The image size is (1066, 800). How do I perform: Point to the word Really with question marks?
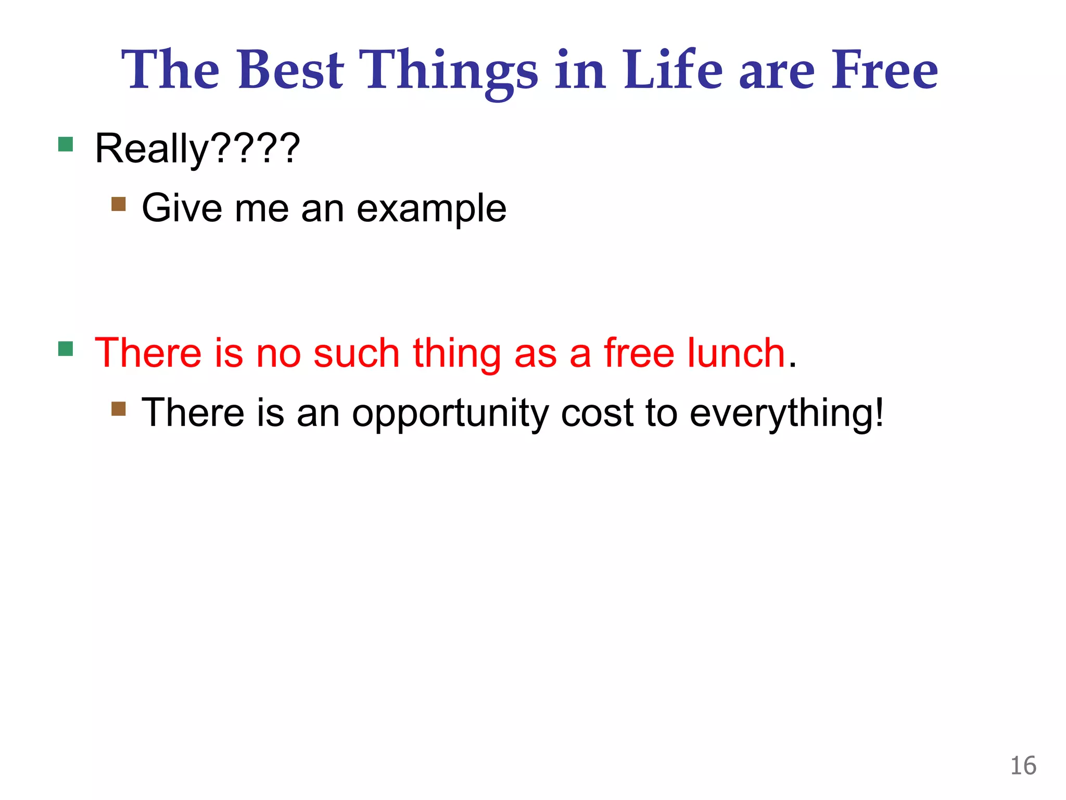coord(197,148)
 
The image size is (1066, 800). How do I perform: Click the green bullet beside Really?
coord(66,144)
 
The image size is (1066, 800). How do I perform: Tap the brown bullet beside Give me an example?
coord(119,204)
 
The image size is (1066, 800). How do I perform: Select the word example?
coord(432,209)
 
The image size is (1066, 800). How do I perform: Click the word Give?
coord(182,208)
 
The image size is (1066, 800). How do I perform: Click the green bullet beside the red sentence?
coord(66,348)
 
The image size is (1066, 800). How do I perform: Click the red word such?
coord(356,353)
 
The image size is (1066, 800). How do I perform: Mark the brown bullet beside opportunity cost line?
coord(119,408)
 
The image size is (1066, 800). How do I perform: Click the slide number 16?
coord(1023,766)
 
